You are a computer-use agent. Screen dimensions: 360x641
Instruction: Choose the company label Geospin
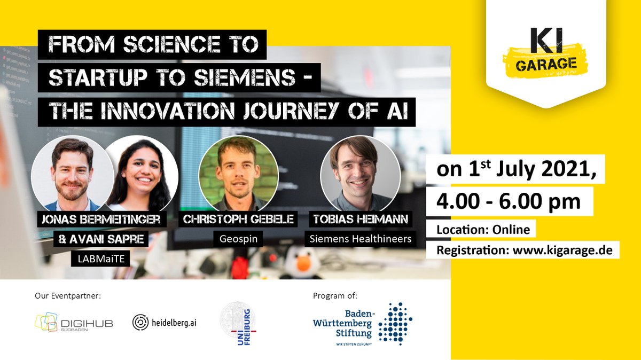click(x=238, y=238)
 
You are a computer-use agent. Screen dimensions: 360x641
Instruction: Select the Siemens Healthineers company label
click(x=362, y=238)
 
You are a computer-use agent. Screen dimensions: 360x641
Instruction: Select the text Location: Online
click(x=483, y=230)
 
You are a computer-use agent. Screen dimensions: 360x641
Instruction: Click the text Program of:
click(x=335, y=295)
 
